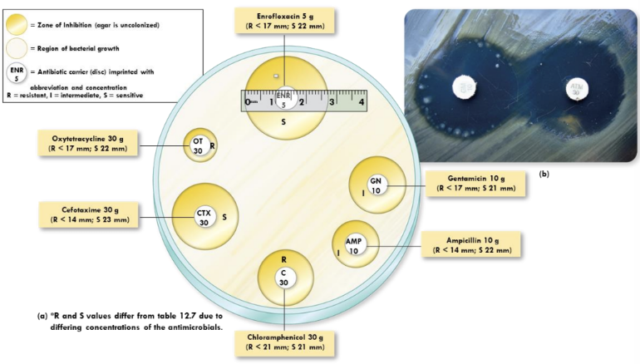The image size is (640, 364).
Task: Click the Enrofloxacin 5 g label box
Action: [285, 19]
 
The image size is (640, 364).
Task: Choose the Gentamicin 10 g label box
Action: [475, 183]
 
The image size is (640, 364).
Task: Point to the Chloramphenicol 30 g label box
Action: [285, 342]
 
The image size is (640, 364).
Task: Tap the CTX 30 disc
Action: [204, 217]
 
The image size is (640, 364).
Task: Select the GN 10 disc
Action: [376, 185]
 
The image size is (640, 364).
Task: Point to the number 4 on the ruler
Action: [362, 102]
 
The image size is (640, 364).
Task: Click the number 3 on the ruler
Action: [332, 102]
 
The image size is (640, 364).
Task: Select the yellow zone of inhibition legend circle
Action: [17, 25]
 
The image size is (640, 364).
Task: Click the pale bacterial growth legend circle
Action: [17, 49]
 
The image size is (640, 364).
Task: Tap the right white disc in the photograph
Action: [575, 87]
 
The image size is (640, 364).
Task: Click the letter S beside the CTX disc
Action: [224, 217]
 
